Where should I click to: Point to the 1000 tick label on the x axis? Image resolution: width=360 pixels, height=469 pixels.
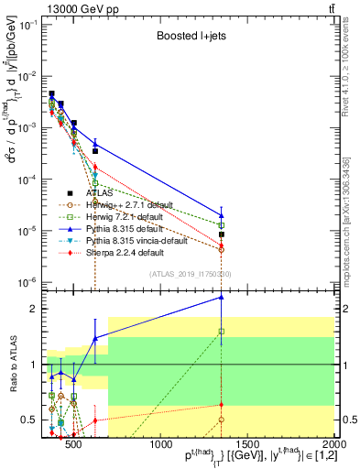[161, 446]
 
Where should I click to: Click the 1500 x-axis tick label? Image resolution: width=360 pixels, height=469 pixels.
[247, 446]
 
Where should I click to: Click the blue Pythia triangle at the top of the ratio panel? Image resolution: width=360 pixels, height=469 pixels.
[222, 297]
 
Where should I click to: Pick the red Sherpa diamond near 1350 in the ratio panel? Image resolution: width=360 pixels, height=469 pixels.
[222, 405]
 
